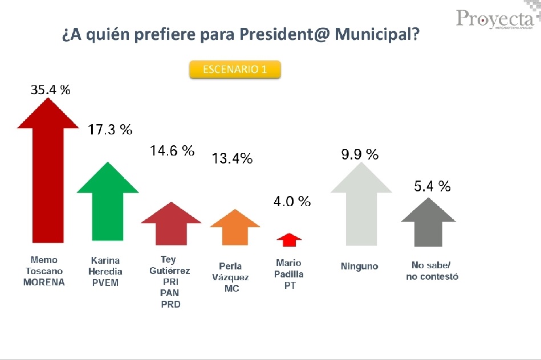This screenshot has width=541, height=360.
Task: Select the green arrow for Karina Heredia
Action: point(107,205)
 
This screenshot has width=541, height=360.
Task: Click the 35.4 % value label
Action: point(50,89)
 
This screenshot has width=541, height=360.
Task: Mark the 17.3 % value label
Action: point(110,130)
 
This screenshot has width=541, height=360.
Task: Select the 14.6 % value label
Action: point(172,151)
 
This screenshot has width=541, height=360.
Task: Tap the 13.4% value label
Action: point(232,159)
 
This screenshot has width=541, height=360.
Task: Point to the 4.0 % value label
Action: point(292,201)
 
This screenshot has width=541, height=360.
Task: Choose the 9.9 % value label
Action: point(360,154)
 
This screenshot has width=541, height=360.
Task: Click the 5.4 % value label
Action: point(432,186)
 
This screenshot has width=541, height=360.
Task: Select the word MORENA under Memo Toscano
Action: point(44,282)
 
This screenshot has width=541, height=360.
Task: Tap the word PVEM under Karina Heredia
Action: point(105,282)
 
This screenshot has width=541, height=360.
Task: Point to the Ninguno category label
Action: point(359,266)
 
